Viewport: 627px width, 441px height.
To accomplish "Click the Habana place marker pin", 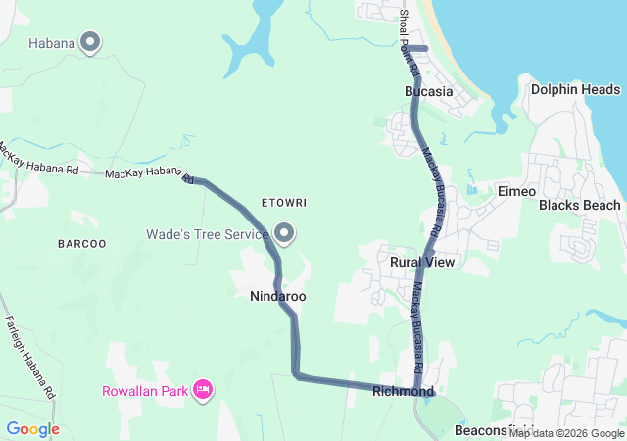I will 91,41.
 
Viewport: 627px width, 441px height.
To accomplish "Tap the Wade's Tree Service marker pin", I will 285,233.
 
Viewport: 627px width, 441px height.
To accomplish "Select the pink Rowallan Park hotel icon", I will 204,391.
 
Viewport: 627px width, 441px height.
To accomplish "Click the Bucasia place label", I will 428,91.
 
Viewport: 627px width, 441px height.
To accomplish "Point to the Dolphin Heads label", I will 575,89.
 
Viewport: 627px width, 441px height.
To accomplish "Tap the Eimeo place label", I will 516,191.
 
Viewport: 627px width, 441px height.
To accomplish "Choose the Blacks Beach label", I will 579,205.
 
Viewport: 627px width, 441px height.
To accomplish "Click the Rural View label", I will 422,263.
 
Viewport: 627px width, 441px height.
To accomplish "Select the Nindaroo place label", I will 278,295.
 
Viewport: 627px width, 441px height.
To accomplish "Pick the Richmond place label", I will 403,392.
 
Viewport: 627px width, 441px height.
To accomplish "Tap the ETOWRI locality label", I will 284,203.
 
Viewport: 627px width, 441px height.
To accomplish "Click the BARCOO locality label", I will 81,243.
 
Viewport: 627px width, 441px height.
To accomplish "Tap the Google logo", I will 32,429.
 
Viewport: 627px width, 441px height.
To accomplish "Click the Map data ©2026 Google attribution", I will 566,433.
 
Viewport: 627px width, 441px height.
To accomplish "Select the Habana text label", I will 52,43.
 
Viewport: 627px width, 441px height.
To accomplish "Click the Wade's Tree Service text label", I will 207,234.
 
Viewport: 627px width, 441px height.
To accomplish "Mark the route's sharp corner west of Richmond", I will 295,373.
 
